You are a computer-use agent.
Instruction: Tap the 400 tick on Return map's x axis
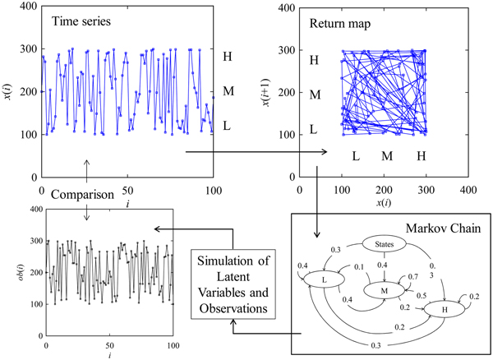click(468, 188)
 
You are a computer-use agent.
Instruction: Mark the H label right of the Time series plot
click(228, 58)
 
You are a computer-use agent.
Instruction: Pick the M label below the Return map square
click(385, 155)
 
